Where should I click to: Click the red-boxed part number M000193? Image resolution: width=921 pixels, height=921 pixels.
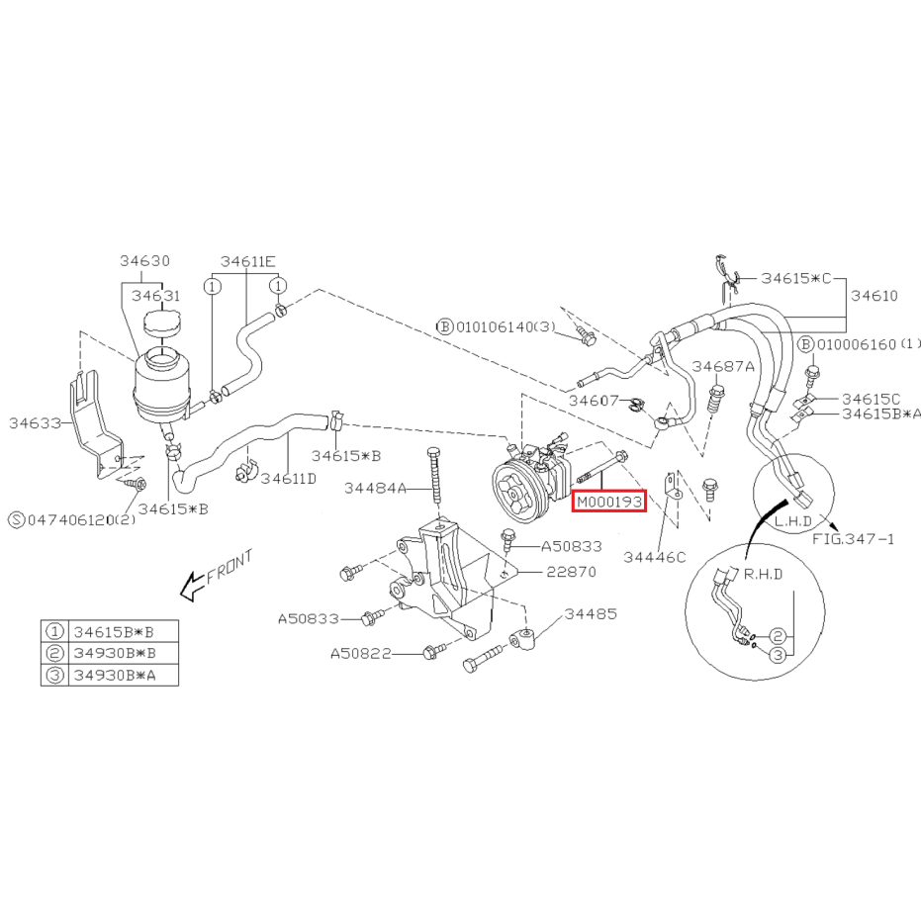pyautogui.click(x=609, y=502)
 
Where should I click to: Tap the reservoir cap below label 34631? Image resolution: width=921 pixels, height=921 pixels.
pyautogui.click(x=162, y=324)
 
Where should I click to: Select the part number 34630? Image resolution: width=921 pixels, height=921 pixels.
pyautogui.click(x=144, y=261)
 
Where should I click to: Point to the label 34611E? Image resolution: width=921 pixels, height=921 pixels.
pyautogui.click(x=247, y=261)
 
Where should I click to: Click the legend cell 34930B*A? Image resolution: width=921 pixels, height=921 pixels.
pyautogui.click(x=115, y=676)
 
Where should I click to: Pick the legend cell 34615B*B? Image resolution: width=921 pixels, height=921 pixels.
pyautogui.click(x=114, y=632)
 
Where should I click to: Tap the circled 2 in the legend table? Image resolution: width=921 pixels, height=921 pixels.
pyautogui.click(x=54, y=653)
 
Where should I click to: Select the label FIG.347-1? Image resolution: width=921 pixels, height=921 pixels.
pyautogui.click(x=853, y=538)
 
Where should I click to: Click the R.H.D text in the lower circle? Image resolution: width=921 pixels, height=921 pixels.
pyautogui.click(x=763, y=574)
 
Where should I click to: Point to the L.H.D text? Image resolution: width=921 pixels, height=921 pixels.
pyautogui.click(x=793, y=521)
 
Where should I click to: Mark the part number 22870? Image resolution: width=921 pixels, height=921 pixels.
pyautogui.click(x=571, y=572)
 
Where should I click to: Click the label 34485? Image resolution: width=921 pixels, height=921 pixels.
pyautogui.click(x=591, y=613)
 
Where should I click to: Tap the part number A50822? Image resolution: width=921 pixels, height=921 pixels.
pyautogui.click(x=361, y=654)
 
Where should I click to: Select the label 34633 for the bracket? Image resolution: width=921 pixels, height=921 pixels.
pyautogui.click(x=35, y=423)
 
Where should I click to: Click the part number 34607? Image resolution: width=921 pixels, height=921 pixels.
pyautogui.click(x=594, y=401)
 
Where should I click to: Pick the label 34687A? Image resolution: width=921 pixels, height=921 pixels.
pyautogui.click(x=723, y=366)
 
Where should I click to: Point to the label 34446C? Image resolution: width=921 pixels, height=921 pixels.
pyautogui.click(x=654, y=557)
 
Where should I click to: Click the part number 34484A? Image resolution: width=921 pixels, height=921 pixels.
pyautogui.click(x=375, y=488)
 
